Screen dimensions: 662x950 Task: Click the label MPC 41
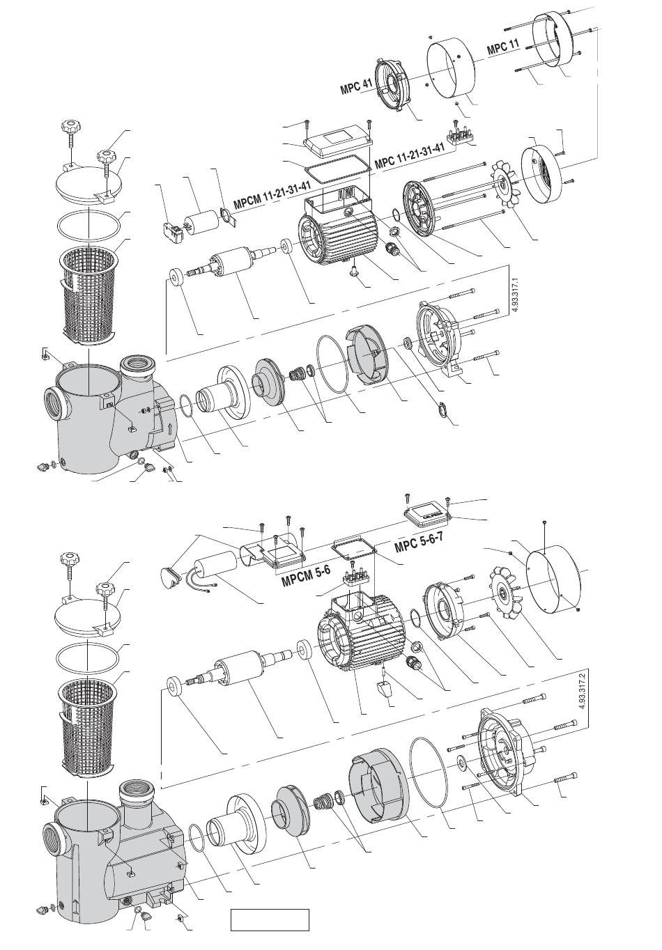point(356,86)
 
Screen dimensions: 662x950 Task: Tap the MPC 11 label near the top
point(503,47)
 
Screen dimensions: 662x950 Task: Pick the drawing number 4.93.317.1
point(515,295)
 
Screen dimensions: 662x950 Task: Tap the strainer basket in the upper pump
point(88,295)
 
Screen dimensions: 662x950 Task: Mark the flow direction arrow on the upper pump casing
point(170,427)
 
